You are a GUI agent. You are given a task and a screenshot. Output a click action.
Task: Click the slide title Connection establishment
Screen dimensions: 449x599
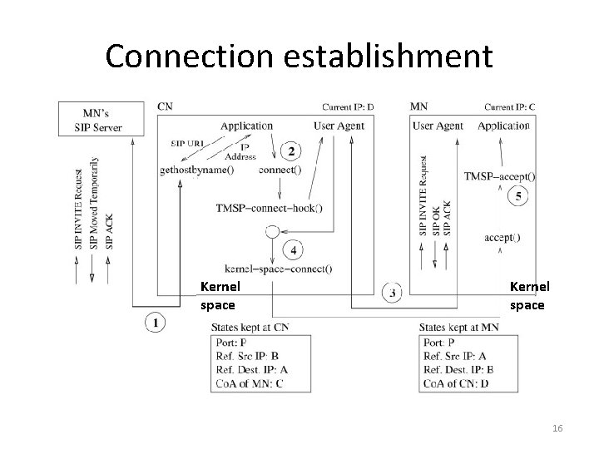pos(299,56)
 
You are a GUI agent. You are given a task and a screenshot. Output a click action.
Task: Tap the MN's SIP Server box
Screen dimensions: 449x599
pos(100,120)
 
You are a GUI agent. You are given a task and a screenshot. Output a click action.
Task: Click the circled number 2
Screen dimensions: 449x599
pos(291,150)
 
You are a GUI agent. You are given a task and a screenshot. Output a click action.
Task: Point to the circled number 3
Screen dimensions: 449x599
pos(392,293)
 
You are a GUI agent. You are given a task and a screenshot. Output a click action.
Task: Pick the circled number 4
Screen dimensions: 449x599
pos(294,249)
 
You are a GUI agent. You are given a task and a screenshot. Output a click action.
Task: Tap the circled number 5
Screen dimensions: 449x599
pos(519,196)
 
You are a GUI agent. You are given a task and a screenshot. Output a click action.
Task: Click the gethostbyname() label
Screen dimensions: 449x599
pos(196,170)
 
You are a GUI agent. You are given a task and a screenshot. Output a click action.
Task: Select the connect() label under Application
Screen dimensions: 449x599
pos(280,170)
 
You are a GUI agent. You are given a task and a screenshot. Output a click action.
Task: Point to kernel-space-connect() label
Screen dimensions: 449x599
pos(278,268)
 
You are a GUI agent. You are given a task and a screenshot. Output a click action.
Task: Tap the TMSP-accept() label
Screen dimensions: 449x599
pos(500,176)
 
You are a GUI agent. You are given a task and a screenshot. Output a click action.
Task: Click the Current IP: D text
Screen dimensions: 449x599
pos(348,106)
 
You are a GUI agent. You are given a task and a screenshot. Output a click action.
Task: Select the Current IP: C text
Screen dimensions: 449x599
pos(509,106)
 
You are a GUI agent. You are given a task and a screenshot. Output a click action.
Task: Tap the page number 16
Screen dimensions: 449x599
pos(557,427)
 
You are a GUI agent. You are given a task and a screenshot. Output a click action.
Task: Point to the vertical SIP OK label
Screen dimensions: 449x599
pos(437,219)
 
